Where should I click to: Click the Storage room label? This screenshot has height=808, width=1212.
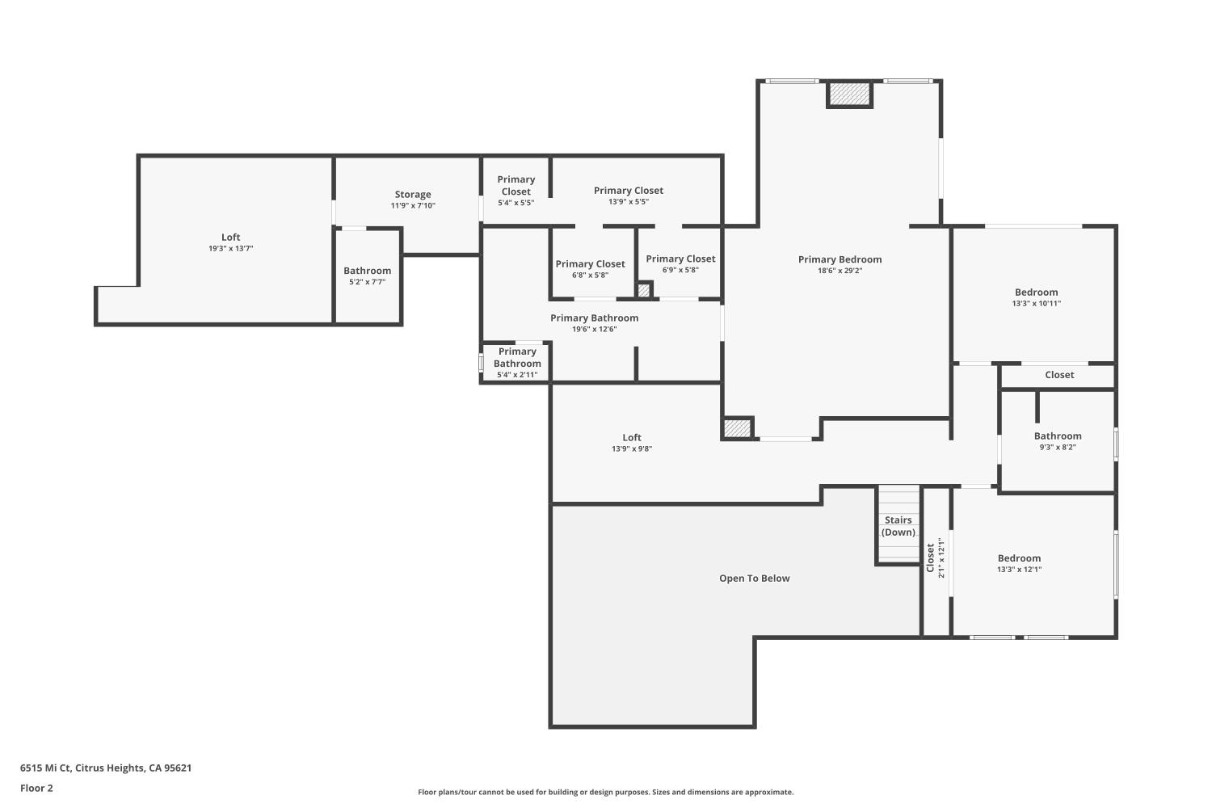click(413, 194)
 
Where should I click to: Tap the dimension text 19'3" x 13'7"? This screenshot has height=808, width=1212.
click(231, 249)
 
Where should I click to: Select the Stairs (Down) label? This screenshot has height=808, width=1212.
click(898, 526)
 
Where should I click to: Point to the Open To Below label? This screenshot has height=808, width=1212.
click(754, 579)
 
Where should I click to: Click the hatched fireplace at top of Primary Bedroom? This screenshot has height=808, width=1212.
click(849, 95)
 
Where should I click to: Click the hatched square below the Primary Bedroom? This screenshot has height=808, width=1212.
click(737, 428)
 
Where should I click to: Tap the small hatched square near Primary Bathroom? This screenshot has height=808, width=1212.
click(644, 289)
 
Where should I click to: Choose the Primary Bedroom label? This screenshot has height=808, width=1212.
click(840, 259)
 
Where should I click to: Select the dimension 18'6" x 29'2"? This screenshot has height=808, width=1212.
click(840, 271)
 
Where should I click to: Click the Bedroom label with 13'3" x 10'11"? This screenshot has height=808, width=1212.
click(1036, 292)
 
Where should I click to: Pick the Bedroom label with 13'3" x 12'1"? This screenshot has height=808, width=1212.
click(1019, 558)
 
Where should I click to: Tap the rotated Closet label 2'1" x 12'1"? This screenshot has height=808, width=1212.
click(931, 558)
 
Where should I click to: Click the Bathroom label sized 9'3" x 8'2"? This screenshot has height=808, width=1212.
click(1057, 436)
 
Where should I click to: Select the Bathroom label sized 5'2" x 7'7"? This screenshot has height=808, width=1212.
click(367, 271)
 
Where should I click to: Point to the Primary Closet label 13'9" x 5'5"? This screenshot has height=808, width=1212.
click(628, 191)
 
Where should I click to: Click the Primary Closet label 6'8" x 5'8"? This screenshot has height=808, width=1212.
click(590, 264)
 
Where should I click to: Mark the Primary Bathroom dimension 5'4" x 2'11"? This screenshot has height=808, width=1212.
click(517, 375)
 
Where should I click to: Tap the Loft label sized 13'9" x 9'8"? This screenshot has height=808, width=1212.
click(631, 438)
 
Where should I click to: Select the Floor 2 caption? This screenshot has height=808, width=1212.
click(36, 788)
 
